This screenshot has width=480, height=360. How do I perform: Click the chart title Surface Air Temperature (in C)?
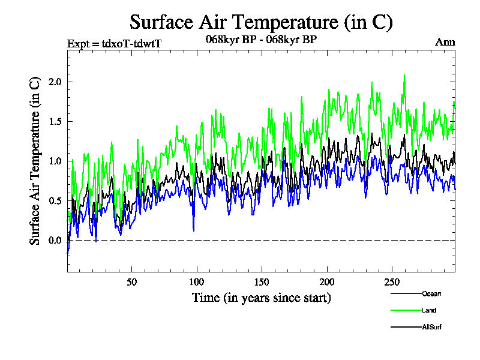click(261, 22)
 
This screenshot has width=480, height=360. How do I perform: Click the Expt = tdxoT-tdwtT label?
click(115, 43)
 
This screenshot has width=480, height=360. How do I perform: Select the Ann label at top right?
click(445, 42)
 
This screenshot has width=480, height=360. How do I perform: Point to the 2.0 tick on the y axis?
click(56, 82)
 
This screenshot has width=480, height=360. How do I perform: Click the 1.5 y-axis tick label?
click(56, 121)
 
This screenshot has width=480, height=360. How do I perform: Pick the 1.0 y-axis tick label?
click(56, 161)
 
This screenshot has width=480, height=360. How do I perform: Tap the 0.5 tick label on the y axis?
click(56, 200)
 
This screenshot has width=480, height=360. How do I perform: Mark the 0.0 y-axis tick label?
click(56, 241)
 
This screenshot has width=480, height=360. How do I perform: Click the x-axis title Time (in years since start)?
click(261, 298)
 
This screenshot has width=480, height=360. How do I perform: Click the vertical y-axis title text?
click(35, 160)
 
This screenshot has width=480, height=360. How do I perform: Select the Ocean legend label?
click(431, 293)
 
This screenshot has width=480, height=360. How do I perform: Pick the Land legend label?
click(429, 310)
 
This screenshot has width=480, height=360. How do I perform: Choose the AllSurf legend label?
click(432, 327)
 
